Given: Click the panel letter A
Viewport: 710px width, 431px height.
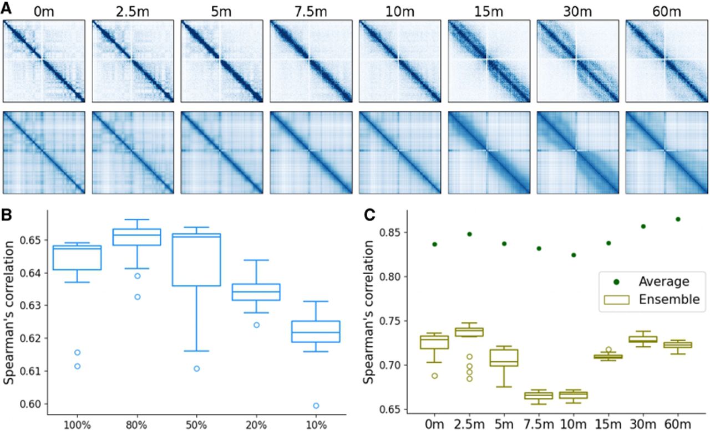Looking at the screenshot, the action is pos(6,8).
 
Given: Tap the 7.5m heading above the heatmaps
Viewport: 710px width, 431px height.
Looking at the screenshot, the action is pos(311,12).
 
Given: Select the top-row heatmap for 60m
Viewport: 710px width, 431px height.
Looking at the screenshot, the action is pos(667,61).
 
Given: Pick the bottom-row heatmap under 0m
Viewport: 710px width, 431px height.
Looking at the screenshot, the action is pos(44,152).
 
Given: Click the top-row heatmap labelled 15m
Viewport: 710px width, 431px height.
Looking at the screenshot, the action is pos(489,61).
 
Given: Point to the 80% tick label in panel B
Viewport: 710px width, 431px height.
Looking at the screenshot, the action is pos(137,425).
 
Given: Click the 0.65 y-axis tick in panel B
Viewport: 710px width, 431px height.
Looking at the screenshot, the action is pos(31,240).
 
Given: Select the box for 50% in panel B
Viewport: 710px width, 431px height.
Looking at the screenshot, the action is pos(196,260).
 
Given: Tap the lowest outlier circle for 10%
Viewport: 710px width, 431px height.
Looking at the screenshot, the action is pos(316,406).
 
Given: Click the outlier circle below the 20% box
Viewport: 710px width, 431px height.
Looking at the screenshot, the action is pos(256,325).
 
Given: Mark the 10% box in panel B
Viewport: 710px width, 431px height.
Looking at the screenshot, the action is pos(316,332).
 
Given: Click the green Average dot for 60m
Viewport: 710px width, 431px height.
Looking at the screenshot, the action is pos(678,219).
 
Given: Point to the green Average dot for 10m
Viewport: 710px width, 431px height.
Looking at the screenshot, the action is pos(574,255).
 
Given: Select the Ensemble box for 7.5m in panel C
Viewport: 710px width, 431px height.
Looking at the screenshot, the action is pos(539,396).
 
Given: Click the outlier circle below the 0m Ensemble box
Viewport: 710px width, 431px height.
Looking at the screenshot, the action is pos(434,376).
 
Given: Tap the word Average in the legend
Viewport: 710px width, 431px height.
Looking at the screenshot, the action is pos(664,281).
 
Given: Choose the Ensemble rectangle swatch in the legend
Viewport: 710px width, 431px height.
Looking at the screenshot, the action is pos(616,300).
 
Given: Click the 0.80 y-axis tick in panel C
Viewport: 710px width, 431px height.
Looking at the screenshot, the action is pos(390,277).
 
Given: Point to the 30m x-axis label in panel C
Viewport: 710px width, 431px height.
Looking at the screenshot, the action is pos(643,424).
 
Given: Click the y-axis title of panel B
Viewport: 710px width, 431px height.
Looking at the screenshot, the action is pos(8,312).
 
